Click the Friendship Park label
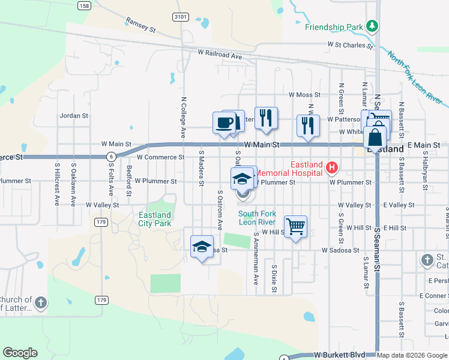click(x=334, y=27)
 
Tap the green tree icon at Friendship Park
click(x=373, y=26)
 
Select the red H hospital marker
click(x=331, y=165)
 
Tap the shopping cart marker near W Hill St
click(x=295, y=227)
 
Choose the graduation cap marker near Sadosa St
click(x=202, y=247)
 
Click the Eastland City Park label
click(x=155, y=219)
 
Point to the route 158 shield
click(x=84, y=5)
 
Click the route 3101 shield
click(x=179, y=17)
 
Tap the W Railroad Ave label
click(x=220, y=55)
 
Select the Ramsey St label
click(x=140, y=25)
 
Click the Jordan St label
click(x=74, y=115)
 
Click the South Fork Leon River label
click(x=257, y=217)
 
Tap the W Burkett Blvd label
click(x=335, y=356)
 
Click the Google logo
click(x=20, y=353)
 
